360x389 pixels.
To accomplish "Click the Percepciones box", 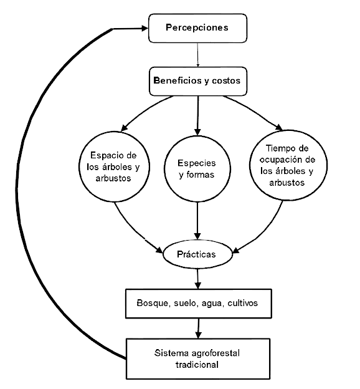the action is coord(197,28).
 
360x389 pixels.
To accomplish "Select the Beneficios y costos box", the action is coord(198,81).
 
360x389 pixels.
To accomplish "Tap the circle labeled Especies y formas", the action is coord(197,169).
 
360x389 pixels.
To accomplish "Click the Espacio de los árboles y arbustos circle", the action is coord(115,166).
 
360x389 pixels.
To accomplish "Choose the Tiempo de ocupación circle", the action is coord(288,165).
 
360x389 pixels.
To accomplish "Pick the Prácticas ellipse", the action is coord(197,254).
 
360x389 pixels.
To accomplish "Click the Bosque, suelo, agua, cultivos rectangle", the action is coord(198,304).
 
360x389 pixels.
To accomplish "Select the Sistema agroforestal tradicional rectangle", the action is coord(198,358).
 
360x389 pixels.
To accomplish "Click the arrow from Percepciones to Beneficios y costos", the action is coord(197,55).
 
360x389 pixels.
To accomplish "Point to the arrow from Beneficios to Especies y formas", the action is coord(197,115).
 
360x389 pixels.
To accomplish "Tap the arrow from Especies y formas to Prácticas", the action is coord(197,221).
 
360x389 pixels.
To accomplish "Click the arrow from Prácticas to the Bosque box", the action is coord(197,279).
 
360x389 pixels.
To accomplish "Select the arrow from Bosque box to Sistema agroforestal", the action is coord(198,329).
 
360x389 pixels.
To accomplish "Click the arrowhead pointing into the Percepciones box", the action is coord(145,28).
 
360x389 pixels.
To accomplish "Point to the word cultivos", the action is coord(242,303).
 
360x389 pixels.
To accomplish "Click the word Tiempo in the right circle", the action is coord(277,149).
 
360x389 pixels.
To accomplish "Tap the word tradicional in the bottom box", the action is coord(197,365).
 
